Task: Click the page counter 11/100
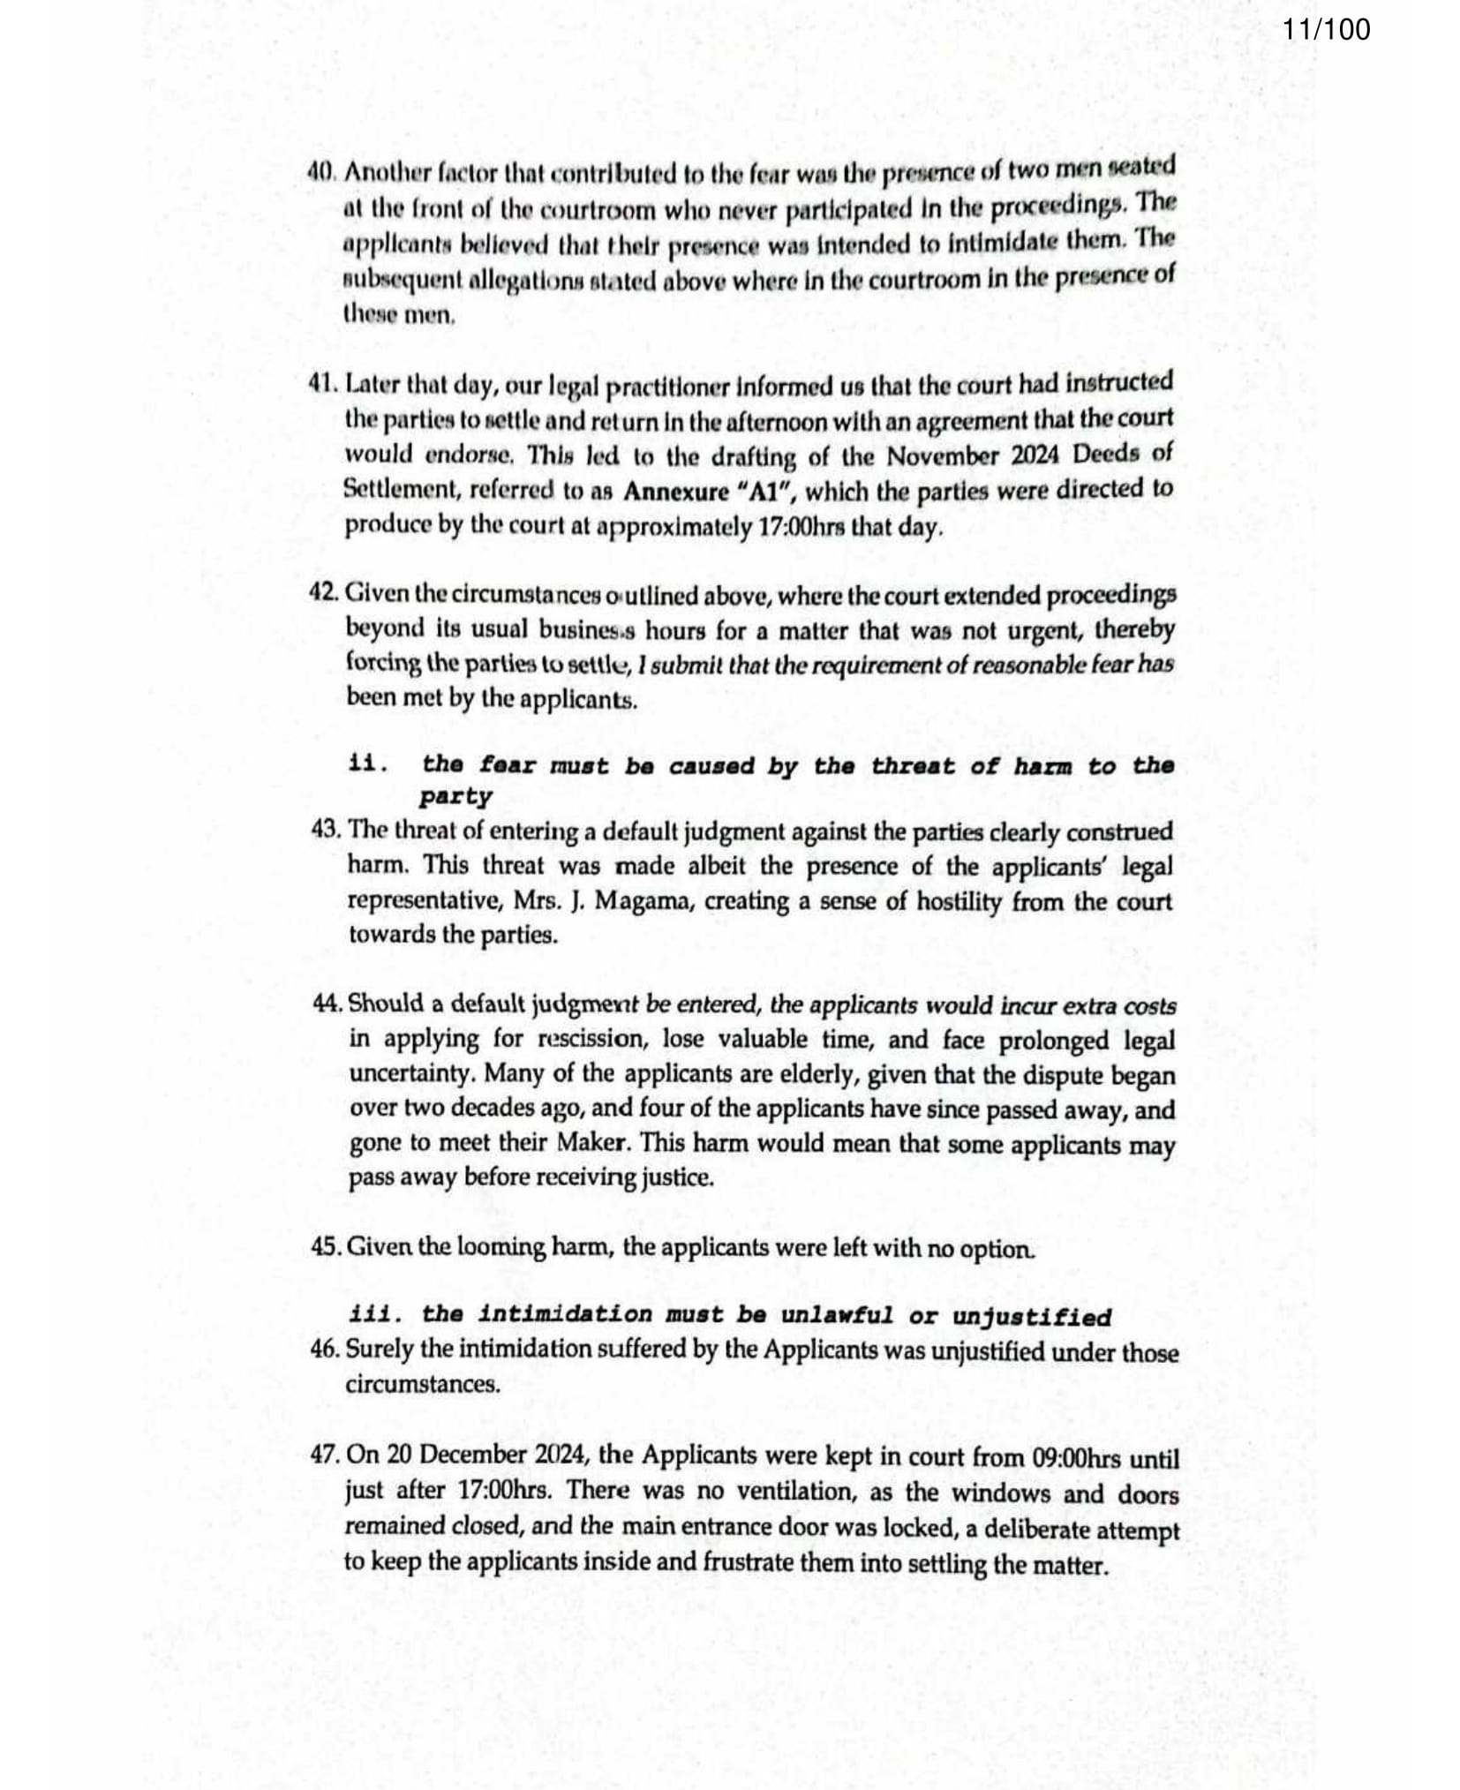(x=1326, y=29)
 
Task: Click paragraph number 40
(x=320, y=172)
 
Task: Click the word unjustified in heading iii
(x=1031, y=1317)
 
